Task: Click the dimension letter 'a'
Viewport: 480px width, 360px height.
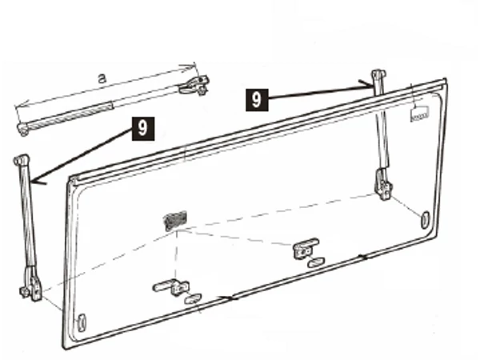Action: coord(102,78)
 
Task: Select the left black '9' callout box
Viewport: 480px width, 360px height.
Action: coord(143,129)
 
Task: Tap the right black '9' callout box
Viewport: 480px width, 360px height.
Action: coord(257,100)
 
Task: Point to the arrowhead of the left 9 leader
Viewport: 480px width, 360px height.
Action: coord(36,182)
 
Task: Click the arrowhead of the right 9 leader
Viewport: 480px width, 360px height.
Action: coord(366,85)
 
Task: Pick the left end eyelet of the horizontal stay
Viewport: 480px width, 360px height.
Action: coord(22,129)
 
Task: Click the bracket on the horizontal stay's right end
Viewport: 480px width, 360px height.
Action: coord(194,85)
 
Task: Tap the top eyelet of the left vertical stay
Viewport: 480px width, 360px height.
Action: coord(22,160)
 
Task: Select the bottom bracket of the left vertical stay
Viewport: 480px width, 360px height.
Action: coord(30,284)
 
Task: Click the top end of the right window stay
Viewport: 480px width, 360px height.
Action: coord(378,74)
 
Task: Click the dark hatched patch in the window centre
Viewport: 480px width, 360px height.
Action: coord(175,220)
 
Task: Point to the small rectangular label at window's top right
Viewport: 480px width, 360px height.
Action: coord(419,114)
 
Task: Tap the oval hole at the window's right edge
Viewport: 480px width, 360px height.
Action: coord(426,219)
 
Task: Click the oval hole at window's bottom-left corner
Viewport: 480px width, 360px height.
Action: coord(82,322)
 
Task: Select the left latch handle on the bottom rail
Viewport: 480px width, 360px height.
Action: coord(171,287)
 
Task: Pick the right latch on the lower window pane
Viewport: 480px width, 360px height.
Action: coord(306,247)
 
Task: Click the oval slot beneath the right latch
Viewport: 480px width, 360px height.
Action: coord(316,262)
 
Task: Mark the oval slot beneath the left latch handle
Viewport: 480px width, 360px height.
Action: coord(193,298)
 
